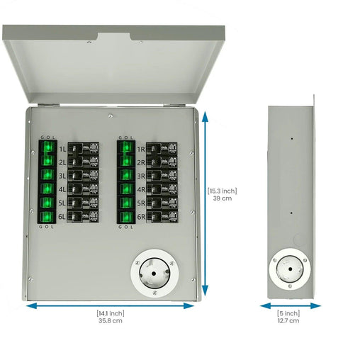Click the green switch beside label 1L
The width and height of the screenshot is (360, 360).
(47, 147)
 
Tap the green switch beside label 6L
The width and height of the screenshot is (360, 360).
(47, 217)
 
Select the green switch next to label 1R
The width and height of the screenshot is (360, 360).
(126, 147)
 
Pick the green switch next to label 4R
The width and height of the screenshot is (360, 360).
(126, 189)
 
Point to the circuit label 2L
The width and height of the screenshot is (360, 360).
(62, 162)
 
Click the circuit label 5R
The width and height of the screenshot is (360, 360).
(141, 203)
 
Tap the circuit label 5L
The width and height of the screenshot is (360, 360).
(62, 203)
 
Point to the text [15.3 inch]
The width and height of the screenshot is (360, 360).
(222, 191)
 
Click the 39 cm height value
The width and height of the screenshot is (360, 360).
(222, 199)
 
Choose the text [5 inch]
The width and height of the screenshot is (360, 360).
(288, 313)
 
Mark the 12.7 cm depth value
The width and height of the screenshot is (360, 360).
(288, 321)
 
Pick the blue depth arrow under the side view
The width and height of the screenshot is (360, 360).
(288, 305)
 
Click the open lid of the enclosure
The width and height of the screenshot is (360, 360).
(113, 64)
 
